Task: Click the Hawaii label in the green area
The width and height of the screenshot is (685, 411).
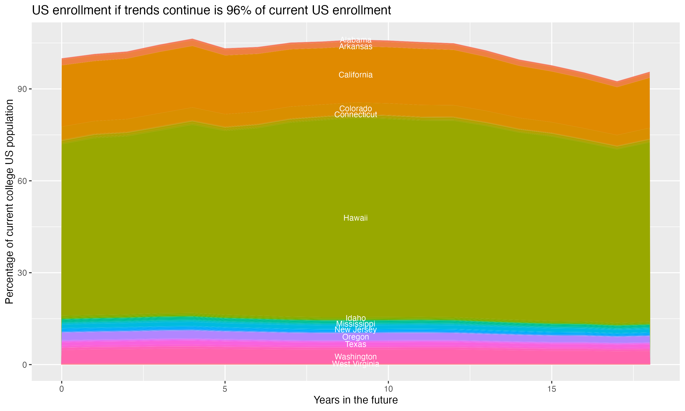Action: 356,218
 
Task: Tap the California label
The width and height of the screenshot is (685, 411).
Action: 356,75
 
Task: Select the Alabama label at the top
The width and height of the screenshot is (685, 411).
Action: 356,40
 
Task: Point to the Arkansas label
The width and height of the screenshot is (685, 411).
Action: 356,47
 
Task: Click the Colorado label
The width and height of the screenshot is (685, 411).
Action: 356,108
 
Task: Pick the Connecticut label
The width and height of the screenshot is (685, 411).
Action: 356,115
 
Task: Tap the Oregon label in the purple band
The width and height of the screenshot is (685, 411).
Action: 356,337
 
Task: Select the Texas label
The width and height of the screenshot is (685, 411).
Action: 356,344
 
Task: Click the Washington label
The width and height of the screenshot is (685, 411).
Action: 356,357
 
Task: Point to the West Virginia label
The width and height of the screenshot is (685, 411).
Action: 356,364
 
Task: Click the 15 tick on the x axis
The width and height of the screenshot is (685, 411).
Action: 552,389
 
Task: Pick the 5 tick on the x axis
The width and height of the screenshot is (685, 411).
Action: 225,389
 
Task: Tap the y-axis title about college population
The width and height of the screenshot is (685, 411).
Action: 9,202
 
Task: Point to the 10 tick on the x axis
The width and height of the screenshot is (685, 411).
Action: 388,389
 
